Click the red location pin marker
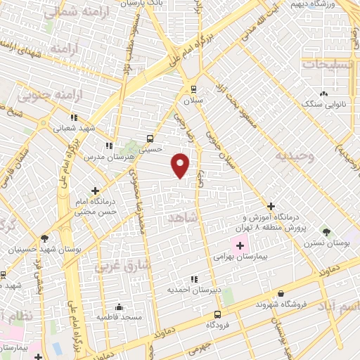181,165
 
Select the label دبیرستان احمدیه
193,290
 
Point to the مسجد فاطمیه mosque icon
119,307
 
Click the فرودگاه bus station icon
217,314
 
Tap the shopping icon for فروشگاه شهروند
281,293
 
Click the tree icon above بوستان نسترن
326,231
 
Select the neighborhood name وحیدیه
292,155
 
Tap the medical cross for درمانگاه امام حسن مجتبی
96,190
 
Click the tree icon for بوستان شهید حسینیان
45,238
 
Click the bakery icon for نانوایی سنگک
323,94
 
